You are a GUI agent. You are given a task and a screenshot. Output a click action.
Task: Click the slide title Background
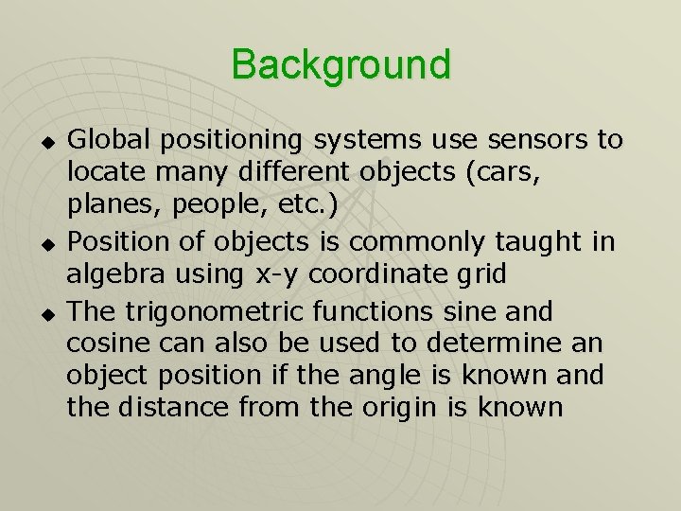[340, 65]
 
